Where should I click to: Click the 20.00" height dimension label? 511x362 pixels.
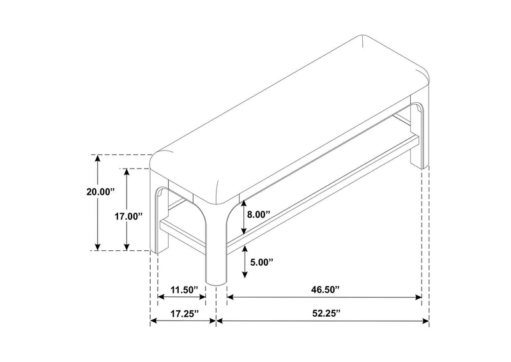point(101,192)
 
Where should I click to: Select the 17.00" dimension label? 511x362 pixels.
point(129,216)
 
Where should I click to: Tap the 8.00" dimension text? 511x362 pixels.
point(259,215)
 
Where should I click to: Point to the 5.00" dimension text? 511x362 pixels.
point(261,262)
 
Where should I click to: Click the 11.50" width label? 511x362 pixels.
point(185,290)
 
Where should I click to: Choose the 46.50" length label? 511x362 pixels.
point(326,290)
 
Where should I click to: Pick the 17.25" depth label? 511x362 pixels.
point(185,313)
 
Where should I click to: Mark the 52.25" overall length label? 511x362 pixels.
point(326,313)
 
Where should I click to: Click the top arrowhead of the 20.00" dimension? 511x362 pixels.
point(97,158)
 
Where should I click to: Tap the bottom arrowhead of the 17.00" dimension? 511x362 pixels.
point(126,247)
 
